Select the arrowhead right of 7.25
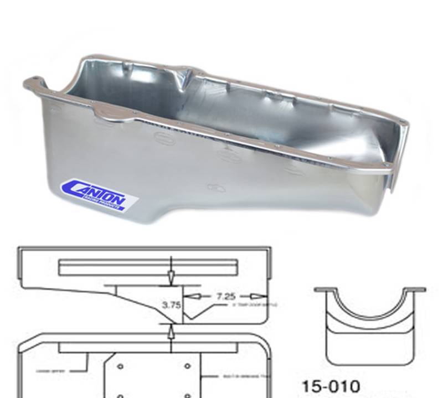255,296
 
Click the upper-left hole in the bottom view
121,366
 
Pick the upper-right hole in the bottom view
187,366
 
